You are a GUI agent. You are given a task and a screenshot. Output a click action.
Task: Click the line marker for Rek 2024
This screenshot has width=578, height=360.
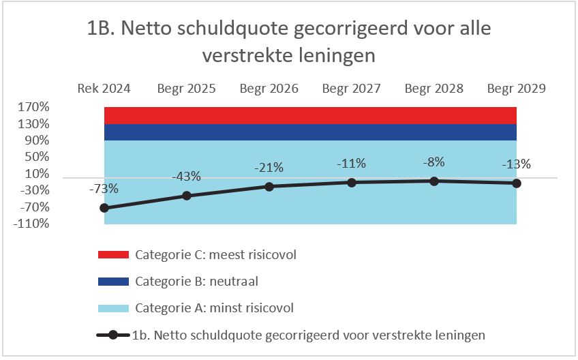[104, 208]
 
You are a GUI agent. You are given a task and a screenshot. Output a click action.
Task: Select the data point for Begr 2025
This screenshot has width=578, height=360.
[187, 196]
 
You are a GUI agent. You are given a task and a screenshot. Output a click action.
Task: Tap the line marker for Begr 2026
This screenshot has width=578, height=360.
[269, 186]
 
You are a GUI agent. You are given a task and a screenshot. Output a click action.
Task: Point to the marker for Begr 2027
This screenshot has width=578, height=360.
[352, 182]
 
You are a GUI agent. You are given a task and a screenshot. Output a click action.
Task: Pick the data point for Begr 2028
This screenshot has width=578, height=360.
[434, 181]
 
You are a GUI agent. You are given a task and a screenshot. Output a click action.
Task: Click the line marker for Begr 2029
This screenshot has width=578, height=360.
[517, 183]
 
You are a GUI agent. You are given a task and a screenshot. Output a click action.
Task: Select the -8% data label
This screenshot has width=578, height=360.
[434, 162]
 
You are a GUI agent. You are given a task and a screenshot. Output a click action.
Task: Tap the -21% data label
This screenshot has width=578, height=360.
[270, 168]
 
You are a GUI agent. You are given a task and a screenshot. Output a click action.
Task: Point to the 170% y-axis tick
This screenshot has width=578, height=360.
[34, 107]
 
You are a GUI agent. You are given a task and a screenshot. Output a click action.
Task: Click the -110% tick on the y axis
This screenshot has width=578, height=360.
[33, 224]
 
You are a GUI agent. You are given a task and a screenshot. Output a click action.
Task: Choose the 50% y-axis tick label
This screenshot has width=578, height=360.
[37, 157]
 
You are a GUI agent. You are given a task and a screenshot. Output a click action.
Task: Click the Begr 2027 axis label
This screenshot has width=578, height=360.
[352, 89]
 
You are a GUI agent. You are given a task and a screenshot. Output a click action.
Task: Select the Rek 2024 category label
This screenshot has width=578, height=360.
[104, 89]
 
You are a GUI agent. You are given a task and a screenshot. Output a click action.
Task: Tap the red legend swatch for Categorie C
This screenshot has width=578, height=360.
[113, 255]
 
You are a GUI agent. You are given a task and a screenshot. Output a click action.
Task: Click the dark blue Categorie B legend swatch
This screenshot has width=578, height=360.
[113, 281]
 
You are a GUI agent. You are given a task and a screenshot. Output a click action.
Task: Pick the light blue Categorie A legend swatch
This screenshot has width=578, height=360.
[113, 307]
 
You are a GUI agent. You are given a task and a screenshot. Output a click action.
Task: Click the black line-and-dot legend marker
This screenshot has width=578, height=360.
[113, 335]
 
